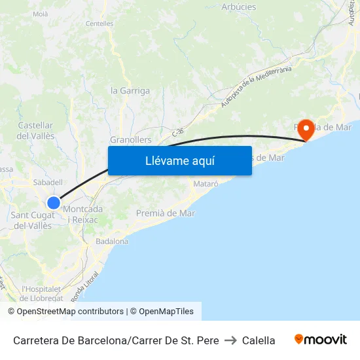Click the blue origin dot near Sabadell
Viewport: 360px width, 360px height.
coord(54,203)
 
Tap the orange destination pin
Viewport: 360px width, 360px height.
coord(305,130)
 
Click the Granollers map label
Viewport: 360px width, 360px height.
coord(131,140)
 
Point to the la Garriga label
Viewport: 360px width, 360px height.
coord(130,91)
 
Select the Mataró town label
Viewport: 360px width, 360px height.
coord(206,184)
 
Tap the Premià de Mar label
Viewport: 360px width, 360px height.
coord(166,213)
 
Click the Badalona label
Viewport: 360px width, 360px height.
coord(112,241)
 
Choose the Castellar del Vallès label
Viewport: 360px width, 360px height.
coord(35,130)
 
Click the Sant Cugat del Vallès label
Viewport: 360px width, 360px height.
coord(33,221)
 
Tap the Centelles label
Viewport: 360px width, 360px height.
coord(99,24)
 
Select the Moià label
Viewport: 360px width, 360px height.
coord(40,13)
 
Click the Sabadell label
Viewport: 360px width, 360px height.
coord(47,183)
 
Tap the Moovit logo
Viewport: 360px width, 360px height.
coord(320,340)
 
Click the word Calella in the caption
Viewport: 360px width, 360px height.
coord(259,340)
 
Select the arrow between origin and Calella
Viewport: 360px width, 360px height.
coord(230,340)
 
